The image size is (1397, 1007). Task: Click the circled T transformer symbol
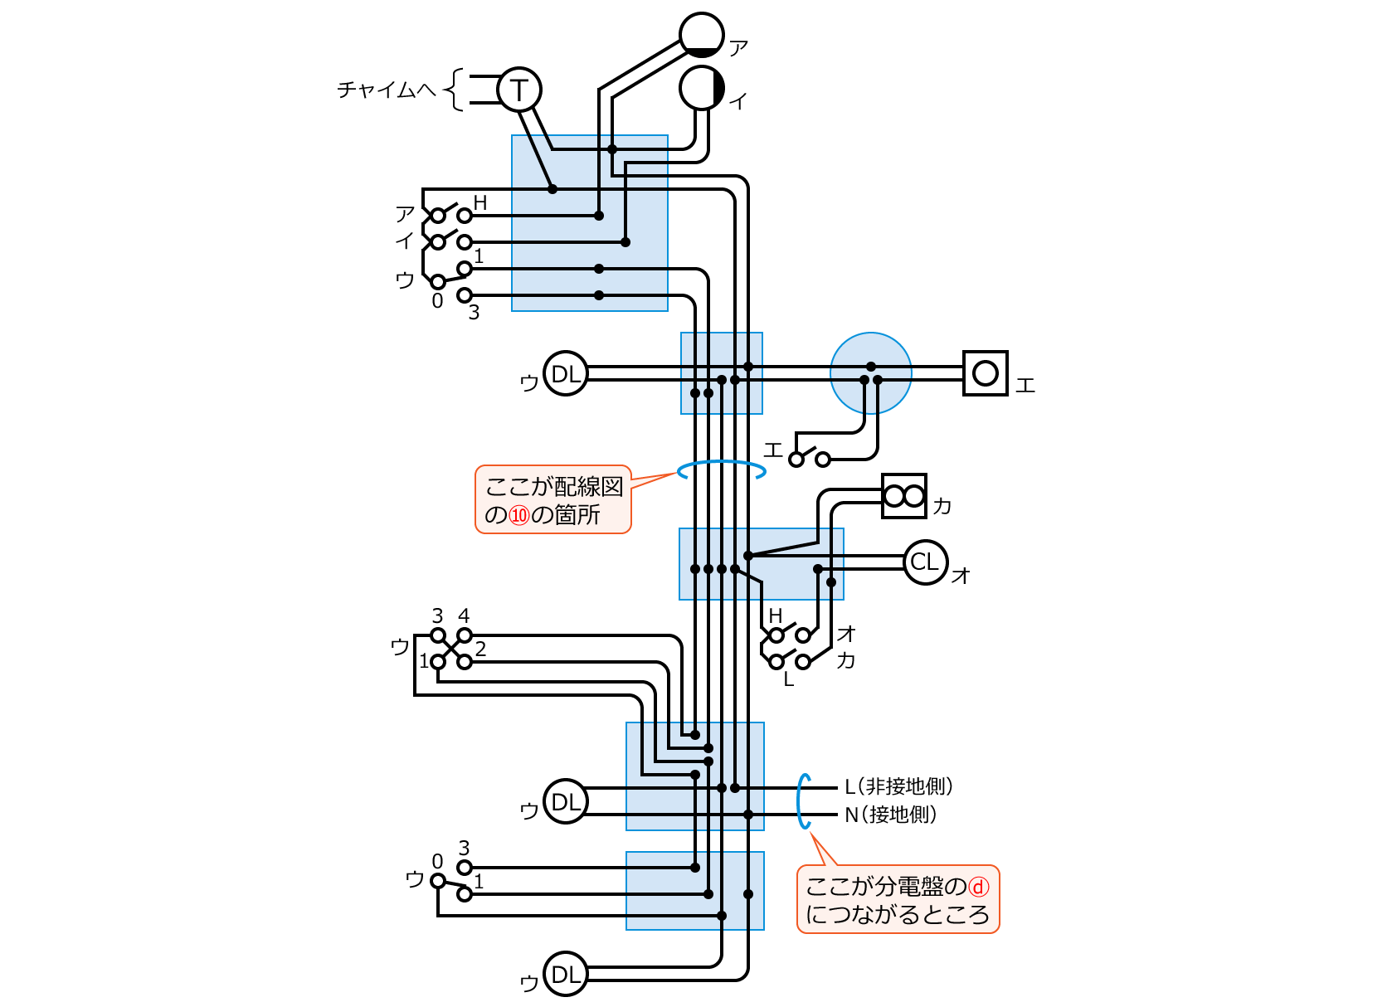click(x=519, y=90)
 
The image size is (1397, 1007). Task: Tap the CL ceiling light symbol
click(x=925, y=562)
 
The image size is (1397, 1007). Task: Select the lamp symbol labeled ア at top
click(x=702, y=35)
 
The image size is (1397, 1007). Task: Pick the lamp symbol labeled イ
click(x=702, y=88)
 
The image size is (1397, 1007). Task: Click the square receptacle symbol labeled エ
click(x=985, y=373)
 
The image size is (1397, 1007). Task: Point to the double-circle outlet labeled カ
click(x=903, y=496)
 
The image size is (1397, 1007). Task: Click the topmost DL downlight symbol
click(x=566, y=374)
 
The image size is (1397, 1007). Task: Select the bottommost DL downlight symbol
click(x=566, y=975)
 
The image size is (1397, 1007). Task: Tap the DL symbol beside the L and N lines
click(x=566, y=802)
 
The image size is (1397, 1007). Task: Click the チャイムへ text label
click(x=387, y=90)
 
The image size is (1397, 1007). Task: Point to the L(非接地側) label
click(x=899, y=786)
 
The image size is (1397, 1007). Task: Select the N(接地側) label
click(x=891, y=815)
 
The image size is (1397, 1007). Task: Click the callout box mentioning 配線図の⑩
click(x=553, y=499)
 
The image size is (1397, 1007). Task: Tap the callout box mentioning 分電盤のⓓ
click(x=898, y=900)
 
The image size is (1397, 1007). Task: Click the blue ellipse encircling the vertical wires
click(x=721, y=470)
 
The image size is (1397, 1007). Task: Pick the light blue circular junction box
click(x=871, y=373)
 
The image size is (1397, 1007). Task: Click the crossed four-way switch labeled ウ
click(x=450, y=649)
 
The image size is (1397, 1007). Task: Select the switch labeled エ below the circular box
click(x=809, y=458)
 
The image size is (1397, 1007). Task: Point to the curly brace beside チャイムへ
click(x=455, y=90)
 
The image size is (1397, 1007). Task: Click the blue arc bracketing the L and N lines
click(x=801, y=801)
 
